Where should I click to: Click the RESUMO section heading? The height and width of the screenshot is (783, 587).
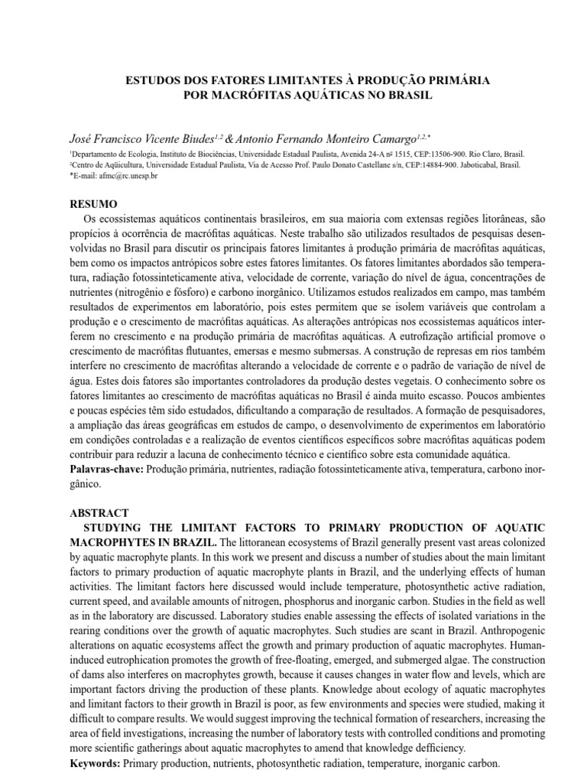tap(93, 204)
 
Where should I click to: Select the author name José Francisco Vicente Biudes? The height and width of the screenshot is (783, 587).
tap(139, 139)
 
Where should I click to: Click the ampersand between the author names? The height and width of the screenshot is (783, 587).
tap(228, 139)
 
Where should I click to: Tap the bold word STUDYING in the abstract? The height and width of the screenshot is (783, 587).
tap(117, 528)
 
